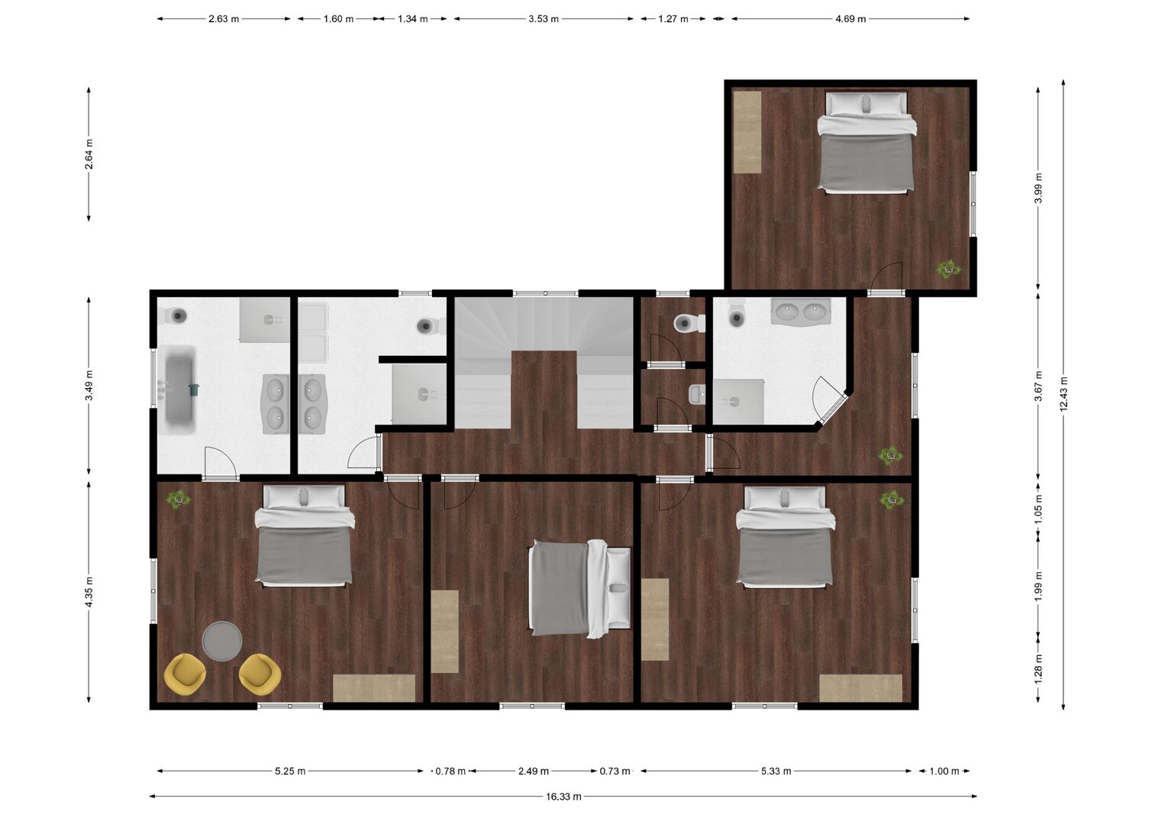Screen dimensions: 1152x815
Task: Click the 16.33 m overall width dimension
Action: pyautogui.click(x=563, y=797)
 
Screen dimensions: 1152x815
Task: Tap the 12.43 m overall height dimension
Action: pyautogui.click(x=1063, y=394)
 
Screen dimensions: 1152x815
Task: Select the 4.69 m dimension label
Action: pyautogui.click(x=850, y=19)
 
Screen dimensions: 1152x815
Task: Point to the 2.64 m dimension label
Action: pyautogui.click(x=89, y=154)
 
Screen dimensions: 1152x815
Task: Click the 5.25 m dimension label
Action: pyautogui.click(x=289, y=771)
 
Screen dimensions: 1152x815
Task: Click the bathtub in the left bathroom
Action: pyautogui.click(x=179, y=390)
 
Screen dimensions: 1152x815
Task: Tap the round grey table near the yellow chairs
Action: pyautogui.click(x=221, y=641)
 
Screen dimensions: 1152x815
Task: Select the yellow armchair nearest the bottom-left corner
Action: pyautogui.click(x=185, y=674)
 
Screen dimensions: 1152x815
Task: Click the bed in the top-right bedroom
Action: pyautogui.click(x=867, y=143)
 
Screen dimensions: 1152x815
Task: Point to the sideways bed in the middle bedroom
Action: pyautogui.click(x=579, y=589)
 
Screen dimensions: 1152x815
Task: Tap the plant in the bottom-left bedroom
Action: pyautogui.click(x=179, y=499)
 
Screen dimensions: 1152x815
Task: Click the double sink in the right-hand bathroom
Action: pyautogui.click(x=800, y=312)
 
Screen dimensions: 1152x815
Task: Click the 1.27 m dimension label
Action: pyautogui.click(x=673, y=19)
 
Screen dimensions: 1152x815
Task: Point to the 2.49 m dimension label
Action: pyautogui.click(x=534, y=771)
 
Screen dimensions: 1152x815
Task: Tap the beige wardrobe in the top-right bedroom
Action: pyautogui.click(x=747, y=132)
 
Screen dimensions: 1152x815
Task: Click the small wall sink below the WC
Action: pyautogui.click(x=697, y=395)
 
